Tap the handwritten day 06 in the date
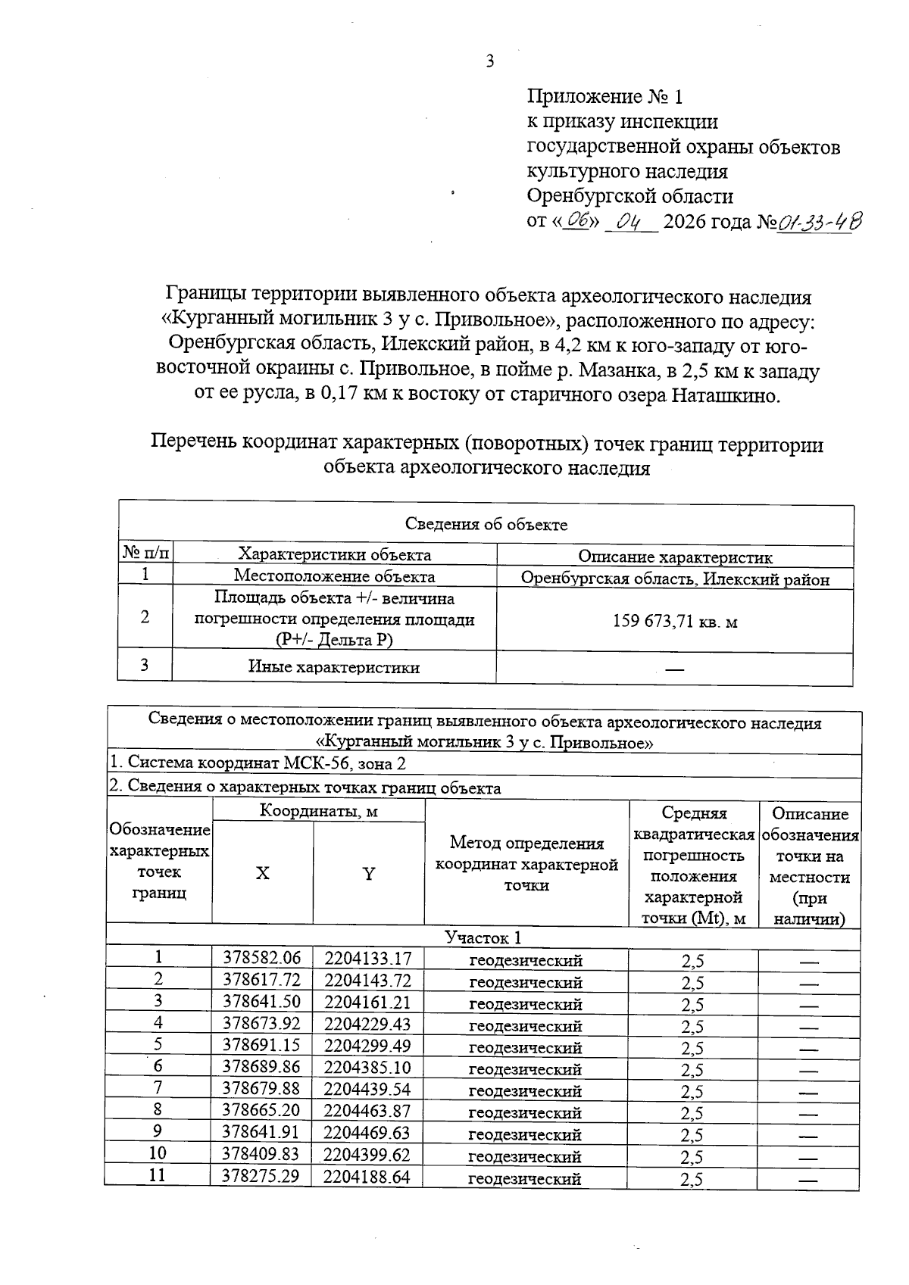coord(579,222)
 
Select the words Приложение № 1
coord(604,97)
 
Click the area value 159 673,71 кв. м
coord(675,622)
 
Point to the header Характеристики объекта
coord(334,554)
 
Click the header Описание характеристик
coord(675,557)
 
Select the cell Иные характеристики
coord(334,667)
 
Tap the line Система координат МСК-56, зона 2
coord(258,763)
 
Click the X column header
coord(262,874)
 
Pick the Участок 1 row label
coord(483,938)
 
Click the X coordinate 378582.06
coord(261,959)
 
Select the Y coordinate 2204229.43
coord(368,1024)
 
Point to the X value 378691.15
coord(261,1046)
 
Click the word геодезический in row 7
coord(526,1091)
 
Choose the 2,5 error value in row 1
coord(692,961)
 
